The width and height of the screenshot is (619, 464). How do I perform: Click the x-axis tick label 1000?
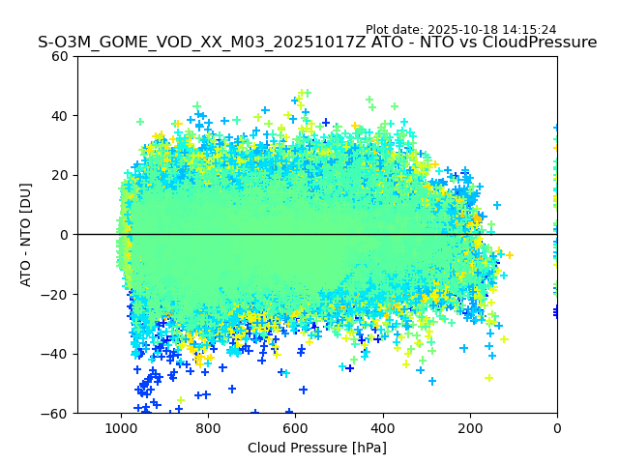(121, 427)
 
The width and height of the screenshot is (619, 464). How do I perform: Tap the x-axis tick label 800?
(208, 427)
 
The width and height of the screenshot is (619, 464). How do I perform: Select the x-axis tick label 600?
(295, 427)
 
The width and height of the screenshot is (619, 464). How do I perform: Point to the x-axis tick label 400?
(383, 427)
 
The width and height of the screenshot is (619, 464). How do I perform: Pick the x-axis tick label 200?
(470, 427)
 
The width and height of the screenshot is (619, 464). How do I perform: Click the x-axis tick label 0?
(557, 427)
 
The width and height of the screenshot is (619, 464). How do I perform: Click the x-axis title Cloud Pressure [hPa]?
(317, 448)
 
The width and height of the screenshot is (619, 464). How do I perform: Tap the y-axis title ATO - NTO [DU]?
(26, 235)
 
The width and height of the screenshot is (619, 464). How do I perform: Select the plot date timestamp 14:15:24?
(528, 30)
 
